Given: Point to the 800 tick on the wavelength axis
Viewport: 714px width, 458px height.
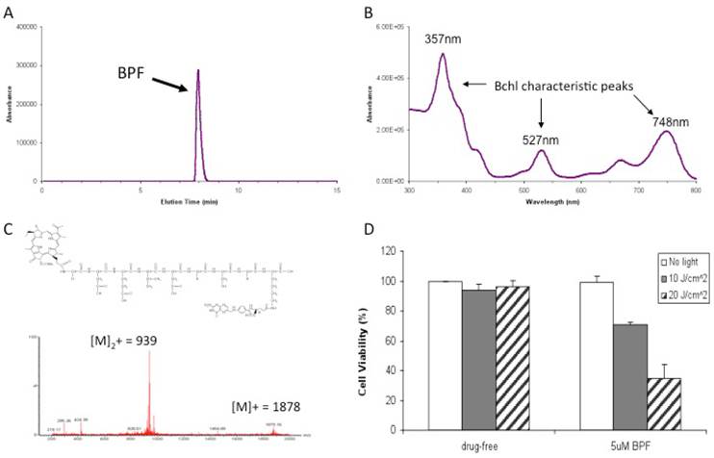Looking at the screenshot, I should pyautogui.click(x=696, y=191).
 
